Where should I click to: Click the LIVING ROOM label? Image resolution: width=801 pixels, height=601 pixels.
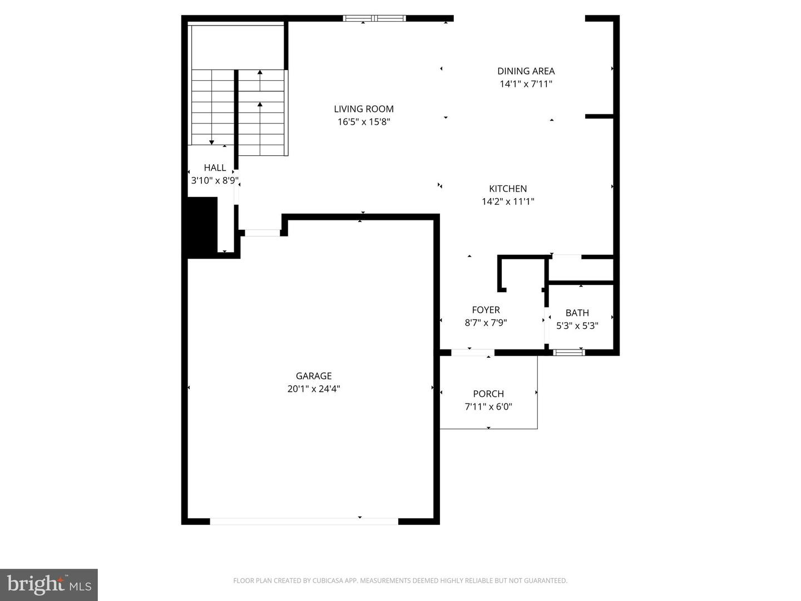[364, 109]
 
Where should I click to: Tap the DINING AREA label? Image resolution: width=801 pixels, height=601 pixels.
[526, 71]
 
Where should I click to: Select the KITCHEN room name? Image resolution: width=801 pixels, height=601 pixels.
[508, 189]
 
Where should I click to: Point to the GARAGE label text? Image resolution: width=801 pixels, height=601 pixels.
[314, 376]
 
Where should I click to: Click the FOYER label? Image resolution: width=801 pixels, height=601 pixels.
[486, 310]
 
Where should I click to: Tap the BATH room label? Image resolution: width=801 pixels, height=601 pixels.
[577, 313]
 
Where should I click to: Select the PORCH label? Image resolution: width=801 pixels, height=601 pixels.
[488, 393]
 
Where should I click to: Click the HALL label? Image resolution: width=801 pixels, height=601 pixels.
[215, 168]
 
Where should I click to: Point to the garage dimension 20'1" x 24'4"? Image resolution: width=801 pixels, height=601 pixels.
[314, 389]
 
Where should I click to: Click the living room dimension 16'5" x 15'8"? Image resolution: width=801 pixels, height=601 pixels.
[364, 122]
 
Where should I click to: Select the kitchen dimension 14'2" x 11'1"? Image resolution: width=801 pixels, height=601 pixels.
[508, 201]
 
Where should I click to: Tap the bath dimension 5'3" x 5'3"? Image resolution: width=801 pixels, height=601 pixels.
[577, 326]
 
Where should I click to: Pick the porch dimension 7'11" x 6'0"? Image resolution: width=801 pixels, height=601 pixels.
[488, 407]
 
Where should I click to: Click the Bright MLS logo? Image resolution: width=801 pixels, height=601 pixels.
[49, 584]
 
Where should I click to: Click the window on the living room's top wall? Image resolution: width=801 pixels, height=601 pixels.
[374, 18]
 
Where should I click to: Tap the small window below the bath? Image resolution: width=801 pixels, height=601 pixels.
[568, 352]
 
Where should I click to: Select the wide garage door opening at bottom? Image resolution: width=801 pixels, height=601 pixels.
[304, 521]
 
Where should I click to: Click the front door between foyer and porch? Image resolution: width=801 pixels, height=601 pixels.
[472, 352]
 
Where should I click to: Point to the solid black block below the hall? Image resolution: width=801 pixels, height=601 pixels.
[200, 227]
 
